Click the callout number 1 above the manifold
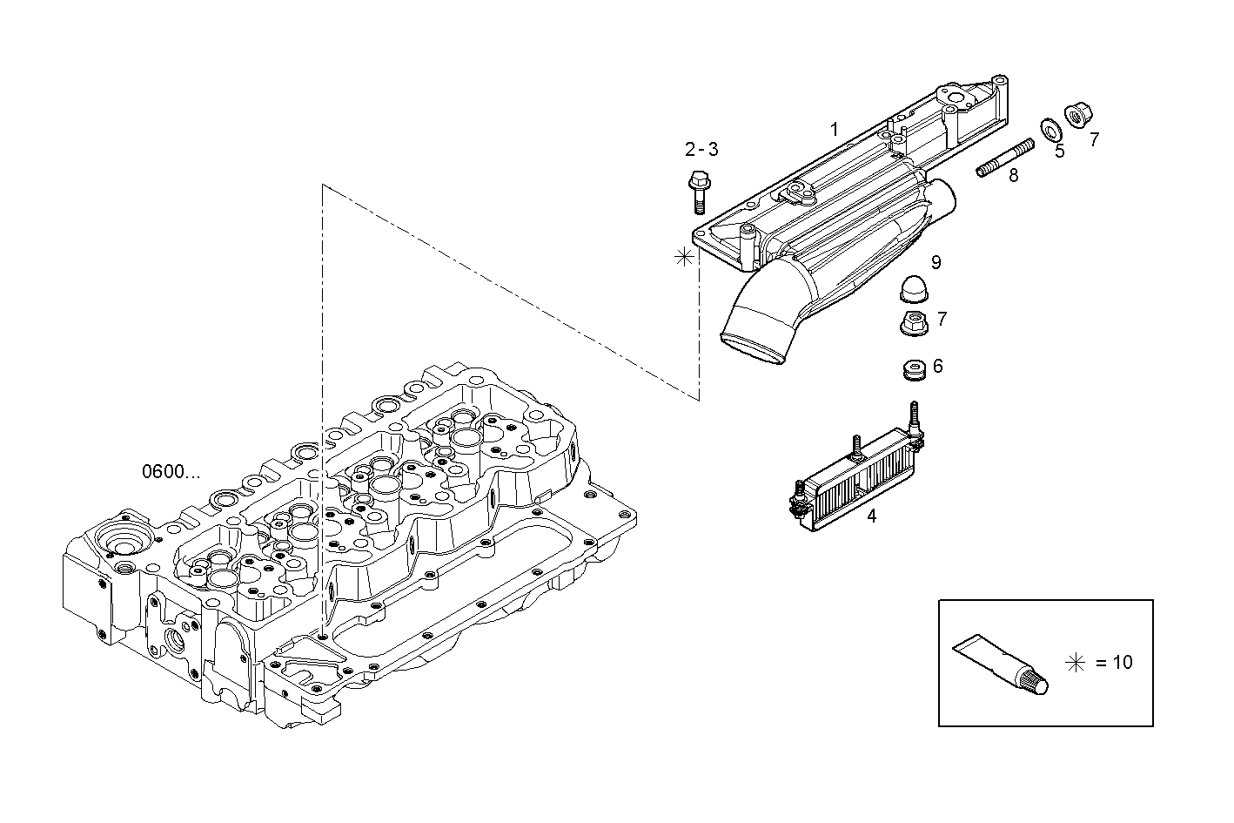coord(834,130)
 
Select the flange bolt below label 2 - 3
coord(698,192)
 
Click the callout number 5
coord(1059,152)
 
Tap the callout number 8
coord(1013,177)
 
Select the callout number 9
coord(936,262)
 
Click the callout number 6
coord(937,367)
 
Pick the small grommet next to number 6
coord(913,369)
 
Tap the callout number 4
coord(871,516)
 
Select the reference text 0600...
coord(171,472)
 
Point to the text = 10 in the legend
coord(1114,663)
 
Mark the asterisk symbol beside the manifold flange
coord(685,256)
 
